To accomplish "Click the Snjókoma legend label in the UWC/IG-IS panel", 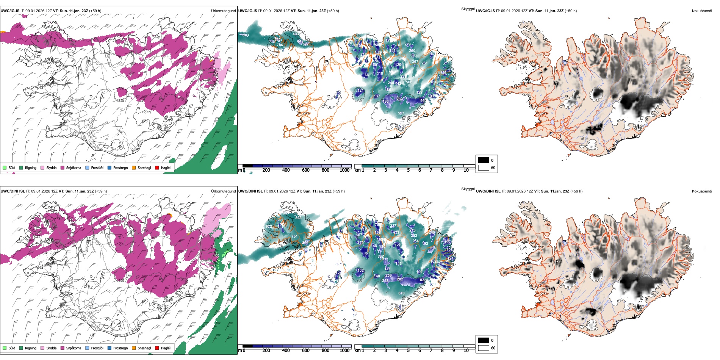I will click(x=74, y=168).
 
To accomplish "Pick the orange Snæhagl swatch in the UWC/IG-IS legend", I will click(x=134, y=168).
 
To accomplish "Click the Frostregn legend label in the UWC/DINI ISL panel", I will click(x=120, y=348).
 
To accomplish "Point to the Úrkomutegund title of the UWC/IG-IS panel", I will click(x=223, y=11).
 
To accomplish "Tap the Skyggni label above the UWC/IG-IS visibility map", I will click(x=468, y=9).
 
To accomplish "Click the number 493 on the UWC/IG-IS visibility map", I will click(x=296, y=34).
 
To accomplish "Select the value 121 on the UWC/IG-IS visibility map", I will click(x=360, y=91).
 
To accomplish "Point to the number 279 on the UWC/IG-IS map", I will click(x=407, y=44).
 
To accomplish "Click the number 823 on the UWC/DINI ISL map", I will click(x=299, y=218).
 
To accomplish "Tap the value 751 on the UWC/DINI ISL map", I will click(x=294, y=236).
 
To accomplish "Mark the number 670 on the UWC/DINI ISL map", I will click(x=401, y=293).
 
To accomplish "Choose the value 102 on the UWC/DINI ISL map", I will click(x=360, y=271).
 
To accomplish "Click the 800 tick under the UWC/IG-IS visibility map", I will click(x=325, y=170).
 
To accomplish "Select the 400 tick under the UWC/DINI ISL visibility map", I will click(x=286, y=351).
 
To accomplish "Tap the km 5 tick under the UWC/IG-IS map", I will click(x=408, y=170).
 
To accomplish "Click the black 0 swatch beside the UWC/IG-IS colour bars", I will click(x=484, y=160).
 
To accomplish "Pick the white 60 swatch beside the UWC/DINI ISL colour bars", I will click(x=484, y=348).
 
